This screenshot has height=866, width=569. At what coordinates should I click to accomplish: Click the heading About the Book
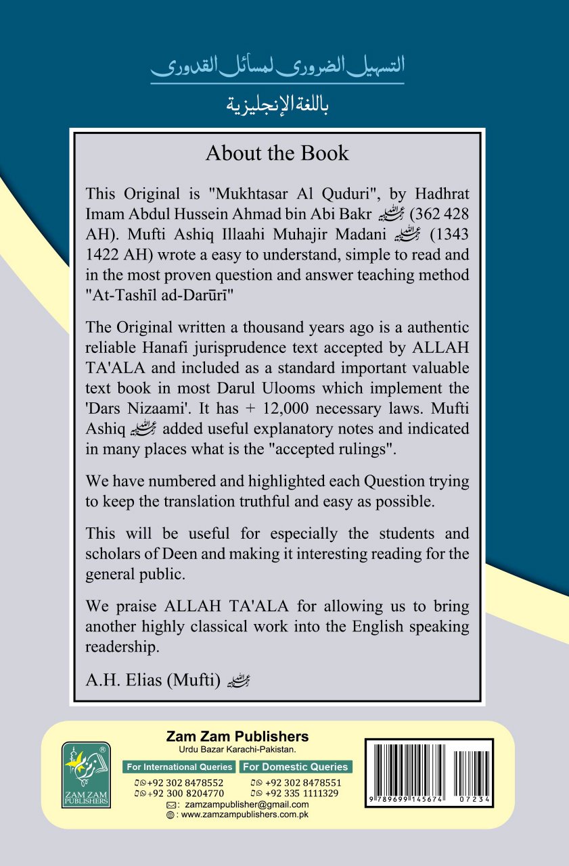click(x=277, y=153)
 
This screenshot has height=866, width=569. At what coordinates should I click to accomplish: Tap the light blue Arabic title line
click(x=277, y=68)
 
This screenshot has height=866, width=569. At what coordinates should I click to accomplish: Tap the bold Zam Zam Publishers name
click(x=237, y=737)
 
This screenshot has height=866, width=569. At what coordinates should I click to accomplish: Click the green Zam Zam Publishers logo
click(x=86, y=775)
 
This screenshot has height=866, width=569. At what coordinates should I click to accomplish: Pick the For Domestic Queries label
click(x=296, y=767)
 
